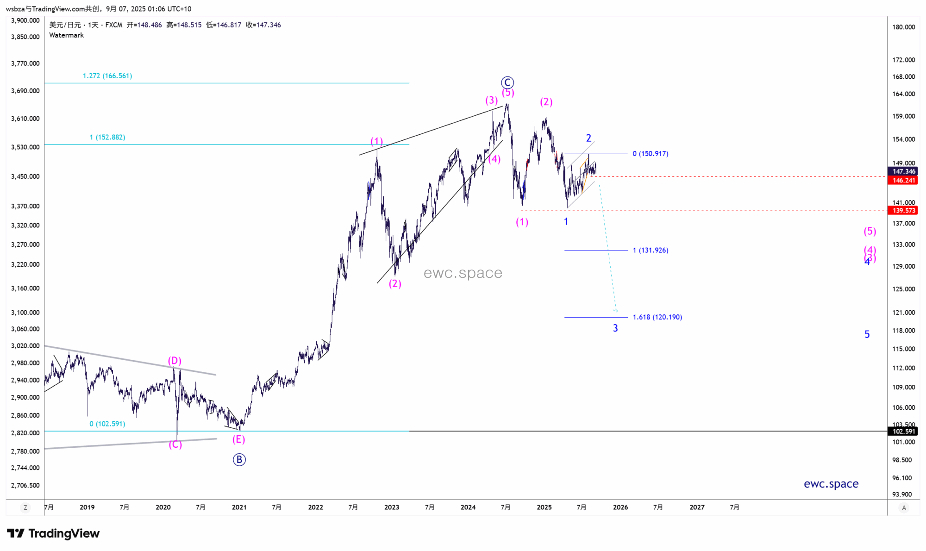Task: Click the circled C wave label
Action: click(x=507, y=82)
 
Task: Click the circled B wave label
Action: click(x=239, y=459)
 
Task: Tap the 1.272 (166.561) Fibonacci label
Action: click(x=107, y=76)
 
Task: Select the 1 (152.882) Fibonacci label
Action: click(x=107, y=137)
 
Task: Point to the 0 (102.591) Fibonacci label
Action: click(x=107, y=424)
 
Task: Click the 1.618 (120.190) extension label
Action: click(x=657, y=317)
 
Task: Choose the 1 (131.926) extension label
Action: click(x=651, y=250)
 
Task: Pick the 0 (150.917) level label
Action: click(x=651, y=154)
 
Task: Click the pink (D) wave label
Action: click(x=175, y=361)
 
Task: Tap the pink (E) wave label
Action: click(x=238, y=439)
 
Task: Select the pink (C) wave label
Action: click(x=175, y=445)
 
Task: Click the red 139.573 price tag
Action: click(x=903, y=211)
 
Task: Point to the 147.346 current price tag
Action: click(x=903, y=171)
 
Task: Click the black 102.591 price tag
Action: click(x=903, y=431)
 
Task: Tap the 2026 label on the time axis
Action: click(x=620, y=507)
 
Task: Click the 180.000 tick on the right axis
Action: click(x=903, y=27)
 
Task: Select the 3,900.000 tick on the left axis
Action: click(x=25, y=20)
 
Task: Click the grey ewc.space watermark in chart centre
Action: click(x=463, y=273)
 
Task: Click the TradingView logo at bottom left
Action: click(x=53, y=533)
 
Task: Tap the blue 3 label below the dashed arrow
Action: click(x=615, y=328)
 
